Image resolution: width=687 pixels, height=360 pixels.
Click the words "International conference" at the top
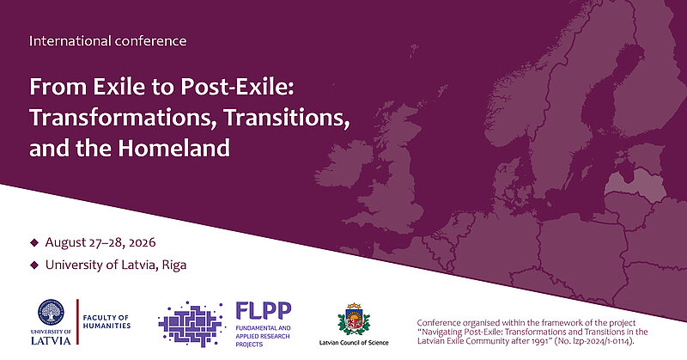(x=107, y=40)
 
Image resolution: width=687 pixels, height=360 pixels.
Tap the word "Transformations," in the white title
(x=123, y=118)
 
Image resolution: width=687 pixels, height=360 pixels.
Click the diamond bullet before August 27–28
(x=34, y=242)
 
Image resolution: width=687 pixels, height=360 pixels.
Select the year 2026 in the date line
(x=138, y=242)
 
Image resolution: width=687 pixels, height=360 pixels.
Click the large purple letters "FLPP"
(x=264, y=310)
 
